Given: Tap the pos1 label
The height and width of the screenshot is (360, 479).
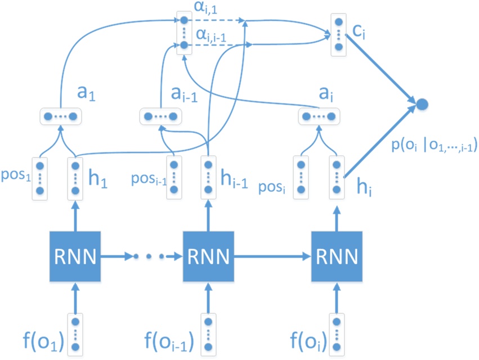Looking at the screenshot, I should [x=16, y=168].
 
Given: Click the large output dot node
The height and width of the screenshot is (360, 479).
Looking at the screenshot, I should [x=422, y=103].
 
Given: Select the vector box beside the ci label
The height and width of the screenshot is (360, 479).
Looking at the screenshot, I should [x=338, y=32].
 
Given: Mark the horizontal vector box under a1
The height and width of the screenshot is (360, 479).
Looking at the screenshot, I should [x=61, y=116].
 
